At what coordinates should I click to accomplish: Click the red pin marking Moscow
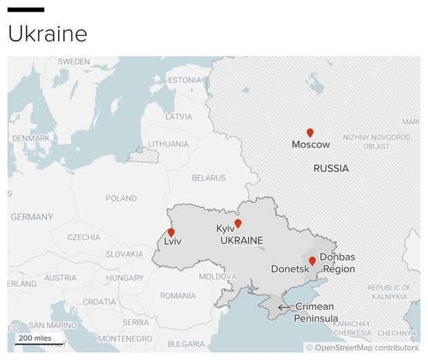[x=310, y=132]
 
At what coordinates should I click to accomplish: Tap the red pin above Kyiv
[x=238, y=223]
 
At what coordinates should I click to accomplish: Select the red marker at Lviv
[x=171, y=232]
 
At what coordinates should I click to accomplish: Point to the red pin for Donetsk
[x=312, y=261]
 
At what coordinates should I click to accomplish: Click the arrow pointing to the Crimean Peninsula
[x=284, y=307]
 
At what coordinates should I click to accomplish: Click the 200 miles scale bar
[x=35, y=342]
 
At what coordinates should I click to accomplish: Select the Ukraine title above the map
[x=48, y=33]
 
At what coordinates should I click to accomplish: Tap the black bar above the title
[x=26, y=10]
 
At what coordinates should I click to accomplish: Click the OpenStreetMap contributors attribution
[x=362, y=348]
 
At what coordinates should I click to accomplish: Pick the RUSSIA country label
[x=331, y=168]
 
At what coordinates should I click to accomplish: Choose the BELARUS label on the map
[x=208, y=178]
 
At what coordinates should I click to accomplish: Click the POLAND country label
[x=121, y=199]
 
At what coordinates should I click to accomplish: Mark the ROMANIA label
[x=177, y=296]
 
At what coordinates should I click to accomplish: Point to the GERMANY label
[x=32, y=217]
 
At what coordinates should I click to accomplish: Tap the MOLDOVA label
[x=217, y=277]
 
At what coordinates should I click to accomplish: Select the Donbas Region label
[x=338, y=263]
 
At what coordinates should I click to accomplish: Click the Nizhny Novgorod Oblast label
[x=376, y=142]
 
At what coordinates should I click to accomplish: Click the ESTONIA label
[x=184, y=80]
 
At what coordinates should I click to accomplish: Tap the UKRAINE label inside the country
[x=241, y=241]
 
